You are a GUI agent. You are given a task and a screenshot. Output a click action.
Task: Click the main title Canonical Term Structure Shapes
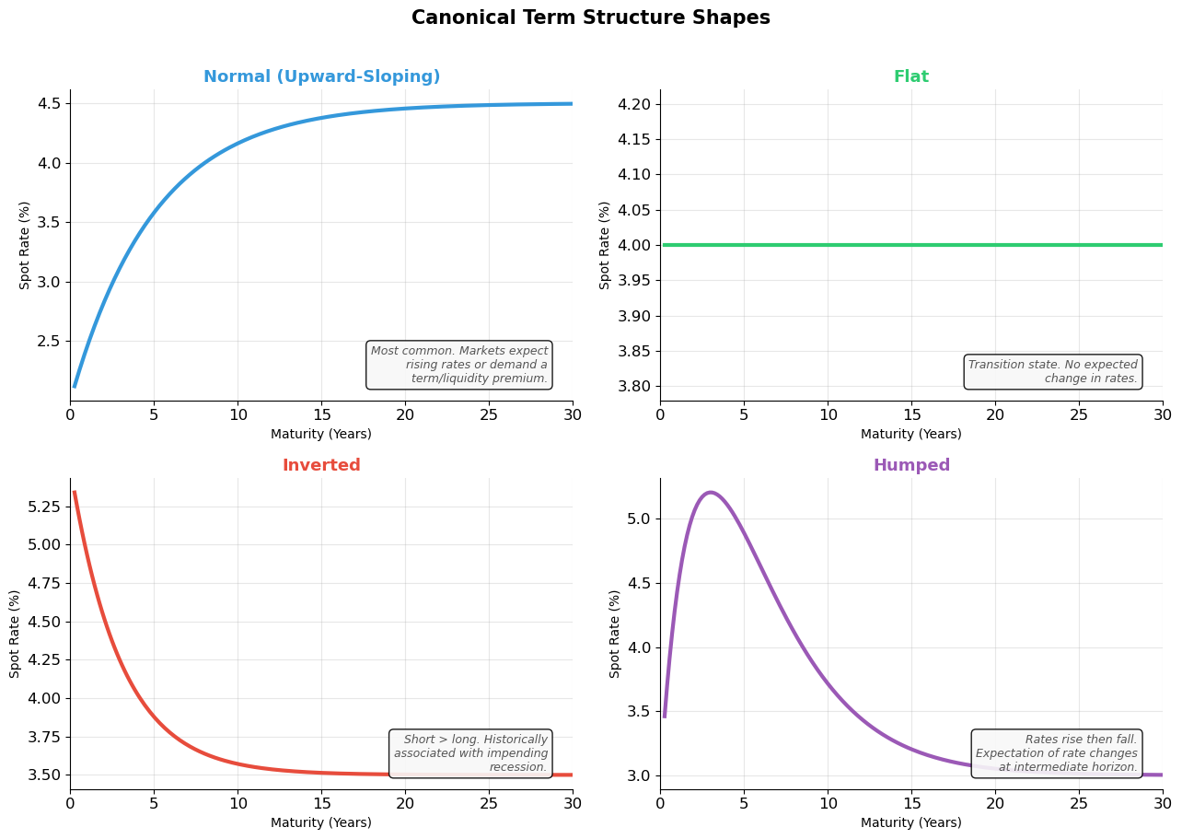pyautogui.click(x=590, y=18)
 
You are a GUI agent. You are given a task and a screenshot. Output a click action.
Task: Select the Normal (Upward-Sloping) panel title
pyautogui.click(x=321, y=77)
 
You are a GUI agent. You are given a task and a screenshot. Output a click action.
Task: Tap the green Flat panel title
pyautogui.click(x=910, y=77)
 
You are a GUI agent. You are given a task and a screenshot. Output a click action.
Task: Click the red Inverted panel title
pyautogui.click(x=321, y=466)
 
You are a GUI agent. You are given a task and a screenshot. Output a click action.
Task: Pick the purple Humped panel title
pyautogui.click(x=910, y=466)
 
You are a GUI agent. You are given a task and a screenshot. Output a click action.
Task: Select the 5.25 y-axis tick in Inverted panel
pyautogui.click(x=42, y=507)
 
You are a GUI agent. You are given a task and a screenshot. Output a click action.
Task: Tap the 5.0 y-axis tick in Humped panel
pyautogui.click(x=637, y=519)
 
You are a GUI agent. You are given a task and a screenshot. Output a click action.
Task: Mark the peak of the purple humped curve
pyautogui.click(x=710, y=493)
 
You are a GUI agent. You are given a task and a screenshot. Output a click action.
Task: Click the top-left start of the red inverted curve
pyautogui.click(x=75, y=493)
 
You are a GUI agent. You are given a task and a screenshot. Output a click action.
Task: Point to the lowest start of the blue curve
pyautogui.click(x=75, y=386)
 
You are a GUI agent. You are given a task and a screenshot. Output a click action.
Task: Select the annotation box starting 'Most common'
pyautogui.click(x=458, y=365)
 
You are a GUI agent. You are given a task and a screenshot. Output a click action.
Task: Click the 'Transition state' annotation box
pyautogui.click(x=1052, y=372)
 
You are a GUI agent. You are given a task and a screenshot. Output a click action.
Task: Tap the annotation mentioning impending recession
pyautogui.click(x=470, y=753)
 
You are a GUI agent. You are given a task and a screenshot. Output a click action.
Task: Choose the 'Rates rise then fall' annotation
pyautogui.click(x=1056, y=753)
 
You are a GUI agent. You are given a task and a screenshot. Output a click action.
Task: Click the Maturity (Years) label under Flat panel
pyautogui.click(x=910, y=435)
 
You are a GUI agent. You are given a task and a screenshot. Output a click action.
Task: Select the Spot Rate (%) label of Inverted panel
pyautogui.click(x=15, y=634)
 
